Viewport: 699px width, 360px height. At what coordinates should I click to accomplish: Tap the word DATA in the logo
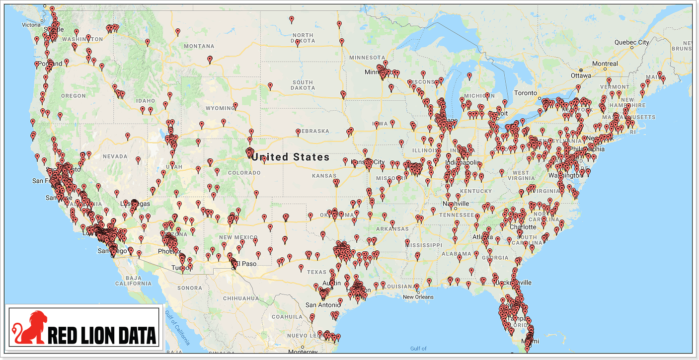[131, 335]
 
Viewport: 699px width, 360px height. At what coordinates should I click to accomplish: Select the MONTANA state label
[199, 46]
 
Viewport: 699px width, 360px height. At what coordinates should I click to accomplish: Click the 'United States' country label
[290, 157]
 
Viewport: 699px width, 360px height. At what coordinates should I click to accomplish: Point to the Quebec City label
[631, 42]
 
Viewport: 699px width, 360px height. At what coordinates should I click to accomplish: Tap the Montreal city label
[605, 64]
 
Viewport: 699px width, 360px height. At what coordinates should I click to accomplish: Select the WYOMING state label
[220, 108]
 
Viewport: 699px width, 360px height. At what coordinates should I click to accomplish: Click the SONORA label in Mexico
[190, 288]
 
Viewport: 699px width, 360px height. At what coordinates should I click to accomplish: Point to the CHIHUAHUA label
[241, 298]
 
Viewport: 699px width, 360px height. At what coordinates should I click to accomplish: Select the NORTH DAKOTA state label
[303, 38]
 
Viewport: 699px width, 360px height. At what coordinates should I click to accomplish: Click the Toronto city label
[525, 93]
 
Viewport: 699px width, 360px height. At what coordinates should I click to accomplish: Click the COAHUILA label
[287, 316]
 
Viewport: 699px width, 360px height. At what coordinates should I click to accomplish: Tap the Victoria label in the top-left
[31, 25]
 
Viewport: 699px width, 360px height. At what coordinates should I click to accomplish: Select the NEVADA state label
[115, 156]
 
